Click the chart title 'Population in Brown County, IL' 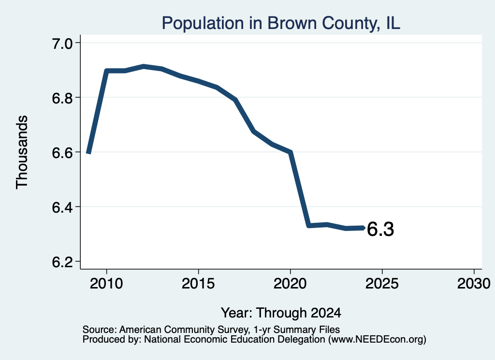pyautogui.click(x=281, y=23)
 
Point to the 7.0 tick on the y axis pyautogui.click(x=62, y=43)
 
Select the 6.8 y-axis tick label pyautogui.click(x=62, y=98)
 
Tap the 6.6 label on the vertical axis pyautogui.click(x=62, y=153)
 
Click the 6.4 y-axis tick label pyautogui.click(x=62, y=207)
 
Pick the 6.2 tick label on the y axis pyautogui.click(x=62, y=262)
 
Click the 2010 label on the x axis pyautogui.click(x=106, y=283)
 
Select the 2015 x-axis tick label pyautogui.click(x=198, y=283)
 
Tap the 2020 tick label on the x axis pyautogui.click(x=290, y=283)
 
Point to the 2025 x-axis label pyautogui.click(x=382, y=283)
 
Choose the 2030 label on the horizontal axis pyautogui.click(x=474, y=283)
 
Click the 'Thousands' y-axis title pyautogui.click(x=22, y=152)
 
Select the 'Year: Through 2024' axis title pyautogui.click(x=281, y=313)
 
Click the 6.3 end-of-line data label pyautogui.click(x=380, y=229)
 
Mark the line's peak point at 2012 pyautogui.click(x=144, y=66)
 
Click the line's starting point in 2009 pyautogui.click(x=89, y=153)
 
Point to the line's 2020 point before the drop pyautogui.click(x=291, y=152)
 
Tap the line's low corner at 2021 pyautogui.click(x=309, y=225)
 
